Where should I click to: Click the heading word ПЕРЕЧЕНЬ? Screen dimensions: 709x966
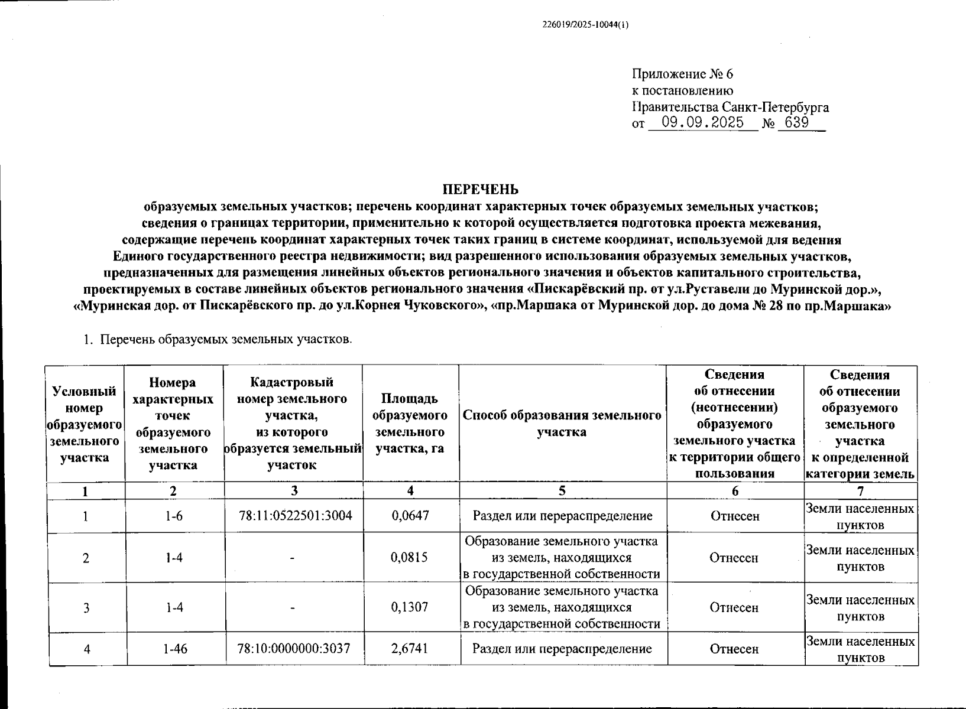[481, 189]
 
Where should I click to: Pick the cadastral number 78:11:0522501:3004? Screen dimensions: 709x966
[295, 516]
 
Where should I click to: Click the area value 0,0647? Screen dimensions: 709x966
[410, 516]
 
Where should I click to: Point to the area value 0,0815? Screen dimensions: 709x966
[410, 558]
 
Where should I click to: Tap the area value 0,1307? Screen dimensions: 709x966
[410, 607]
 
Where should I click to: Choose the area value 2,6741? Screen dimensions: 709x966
[410, 649]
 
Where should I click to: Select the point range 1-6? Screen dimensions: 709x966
[174, 516]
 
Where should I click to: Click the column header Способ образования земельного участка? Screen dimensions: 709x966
[562, 424]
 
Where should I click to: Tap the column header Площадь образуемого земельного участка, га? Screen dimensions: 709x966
[410, 424]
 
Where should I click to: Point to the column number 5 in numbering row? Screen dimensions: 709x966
[562, 491]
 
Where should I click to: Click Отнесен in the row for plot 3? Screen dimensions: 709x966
[734, 607]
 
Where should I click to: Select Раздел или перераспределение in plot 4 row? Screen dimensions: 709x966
[562, 649]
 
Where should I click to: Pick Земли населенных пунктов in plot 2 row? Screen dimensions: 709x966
[860, 558]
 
